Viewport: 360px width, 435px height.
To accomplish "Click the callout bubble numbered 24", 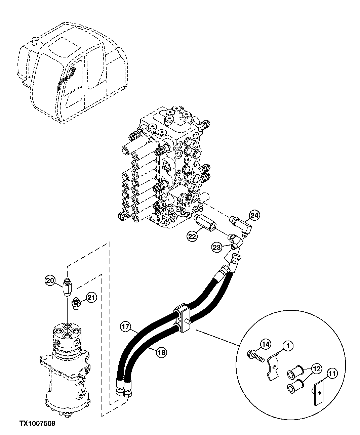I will (x=254, y=215).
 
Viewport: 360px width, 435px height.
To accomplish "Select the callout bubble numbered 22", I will (x=192, y=236).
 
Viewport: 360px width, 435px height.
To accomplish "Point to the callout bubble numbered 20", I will (x=50, y=280).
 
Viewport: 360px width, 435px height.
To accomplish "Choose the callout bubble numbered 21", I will (x=91, y=297).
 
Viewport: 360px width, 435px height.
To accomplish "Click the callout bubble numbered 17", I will (x=126, y=326).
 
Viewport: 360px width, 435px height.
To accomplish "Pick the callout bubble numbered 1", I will (x=288, y=345).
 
